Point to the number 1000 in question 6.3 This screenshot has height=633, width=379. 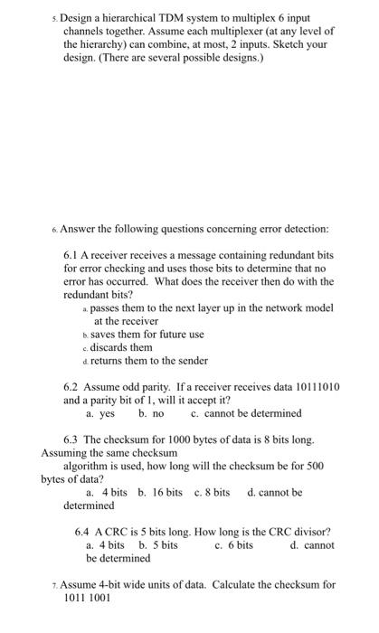coord(202,439)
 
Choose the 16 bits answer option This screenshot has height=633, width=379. coord(160,493)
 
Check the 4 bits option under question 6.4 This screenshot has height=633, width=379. coord(105,544)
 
